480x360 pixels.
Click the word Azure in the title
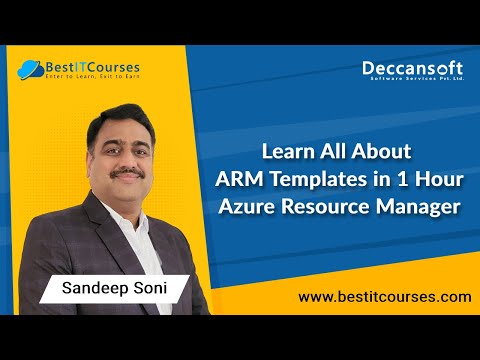point(245,207)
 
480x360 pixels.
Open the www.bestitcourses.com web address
point(385,297)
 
